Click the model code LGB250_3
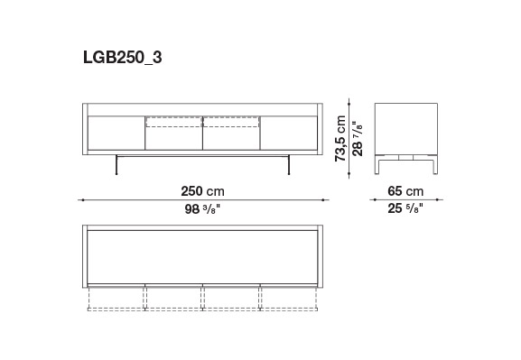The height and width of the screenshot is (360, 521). click(x=122, y=57)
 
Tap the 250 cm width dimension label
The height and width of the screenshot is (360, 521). click(x=202, y=191)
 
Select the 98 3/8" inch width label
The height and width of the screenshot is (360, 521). click(x=202, y=209)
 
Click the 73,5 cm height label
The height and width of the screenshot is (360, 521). click(x=340, y=138)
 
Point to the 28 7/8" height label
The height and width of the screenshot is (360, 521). click(x=358, y=138)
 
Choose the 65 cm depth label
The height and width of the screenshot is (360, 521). click(x=405, y=191)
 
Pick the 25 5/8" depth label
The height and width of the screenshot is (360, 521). click(x=405, y=208)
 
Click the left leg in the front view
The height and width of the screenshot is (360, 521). click(x=116, y=165)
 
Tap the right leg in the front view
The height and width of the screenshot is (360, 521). click(x=289, y=165)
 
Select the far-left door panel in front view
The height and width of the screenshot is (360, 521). click(x=116, y=133)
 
